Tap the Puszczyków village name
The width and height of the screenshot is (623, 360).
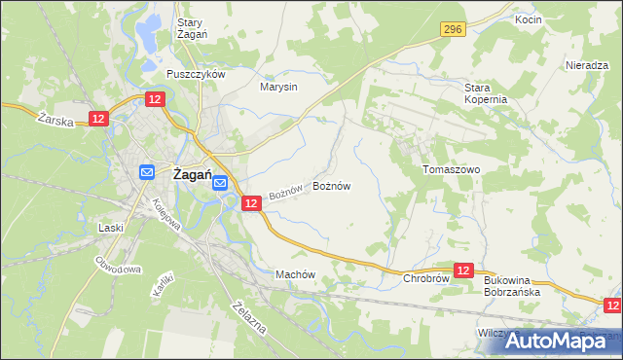(196, 74)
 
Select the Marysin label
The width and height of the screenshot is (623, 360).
(278, 87)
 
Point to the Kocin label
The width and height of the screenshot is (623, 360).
(528, 19)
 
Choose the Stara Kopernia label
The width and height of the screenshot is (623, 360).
(486, 93)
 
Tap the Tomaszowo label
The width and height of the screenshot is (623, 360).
(452, 168)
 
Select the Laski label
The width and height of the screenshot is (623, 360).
(110, 227)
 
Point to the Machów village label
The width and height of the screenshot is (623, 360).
(297, 274)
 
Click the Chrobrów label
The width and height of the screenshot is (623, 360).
(425, 278)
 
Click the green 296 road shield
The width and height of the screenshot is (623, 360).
(451, 30)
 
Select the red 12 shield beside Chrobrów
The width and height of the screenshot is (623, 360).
(463, 271)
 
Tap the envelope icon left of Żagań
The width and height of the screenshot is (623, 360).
(146, 172)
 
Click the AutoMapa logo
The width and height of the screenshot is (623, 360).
(557, 341)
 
